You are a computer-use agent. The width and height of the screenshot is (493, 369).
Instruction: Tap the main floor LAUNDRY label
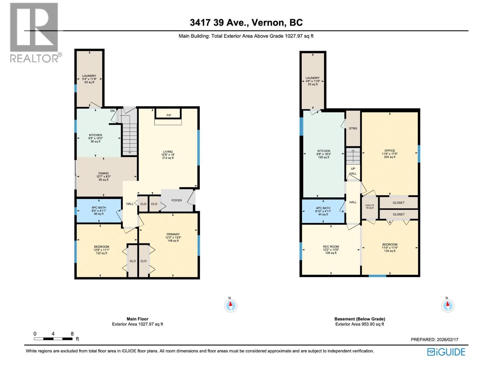(89, 76)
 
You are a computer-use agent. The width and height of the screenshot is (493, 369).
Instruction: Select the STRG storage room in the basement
(353, 128)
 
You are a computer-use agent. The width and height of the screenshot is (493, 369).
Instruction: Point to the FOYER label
(177, 200)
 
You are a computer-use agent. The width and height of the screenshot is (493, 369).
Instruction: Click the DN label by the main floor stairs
(112, 111)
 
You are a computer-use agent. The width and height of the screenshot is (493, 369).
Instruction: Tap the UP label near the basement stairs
(353, 169)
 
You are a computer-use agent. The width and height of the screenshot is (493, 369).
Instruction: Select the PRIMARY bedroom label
(173, 234)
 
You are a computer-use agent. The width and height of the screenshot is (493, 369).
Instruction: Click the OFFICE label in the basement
(389, 151)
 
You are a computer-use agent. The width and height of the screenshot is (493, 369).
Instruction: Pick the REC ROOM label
(331, 247)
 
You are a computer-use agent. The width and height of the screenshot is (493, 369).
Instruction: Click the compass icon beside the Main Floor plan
(230, 306)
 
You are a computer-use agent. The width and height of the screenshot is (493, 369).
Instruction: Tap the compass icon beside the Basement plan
(448, 306)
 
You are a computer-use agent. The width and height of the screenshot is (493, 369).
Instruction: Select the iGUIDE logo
(446, 352)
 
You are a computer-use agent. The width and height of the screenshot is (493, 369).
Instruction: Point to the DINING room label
(104, 173)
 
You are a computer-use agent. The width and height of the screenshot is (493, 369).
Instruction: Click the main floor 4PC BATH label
(99, 208)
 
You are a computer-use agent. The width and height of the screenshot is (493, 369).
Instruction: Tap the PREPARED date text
(434, 339)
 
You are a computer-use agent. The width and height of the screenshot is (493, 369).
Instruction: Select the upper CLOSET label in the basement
(398, 203)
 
